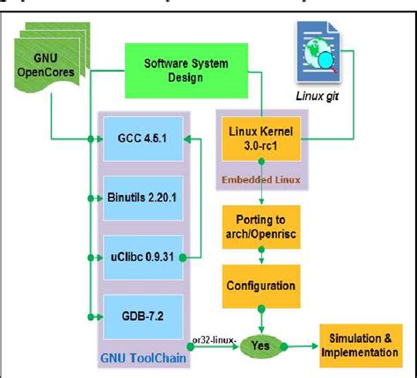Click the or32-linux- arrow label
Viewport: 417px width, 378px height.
pos(209,336)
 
